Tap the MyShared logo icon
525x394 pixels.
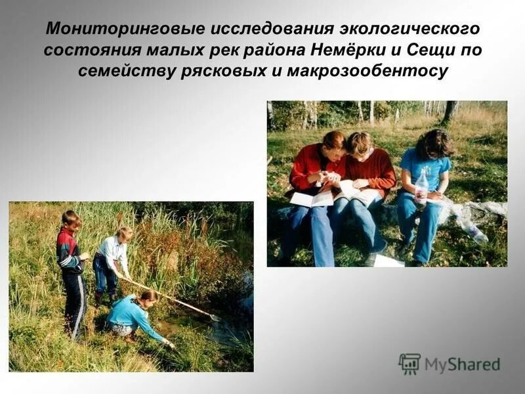coord(409,363)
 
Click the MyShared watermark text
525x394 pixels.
coord(462,364)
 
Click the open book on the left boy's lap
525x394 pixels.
coord(311,198)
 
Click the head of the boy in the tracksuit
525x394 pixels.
coord(70,220)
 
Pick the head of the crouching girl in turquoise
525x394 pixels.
coord(149,297)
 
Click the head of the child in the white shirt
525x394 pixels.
coord(124,234)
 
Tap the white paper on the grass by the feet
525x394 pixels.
coord(388,261)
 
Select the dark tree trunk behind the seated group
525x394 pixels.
coord(450,112)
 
